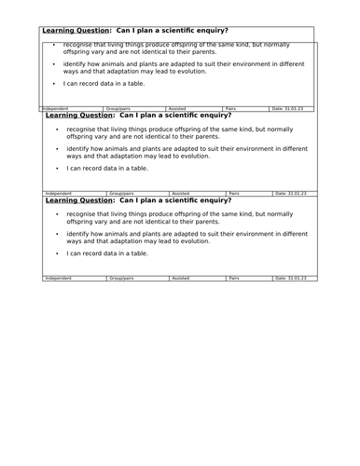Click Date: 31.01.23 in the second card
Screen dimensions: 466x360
click(x=289, y=193)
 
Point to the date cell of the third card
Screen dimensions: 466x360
click(x=289, y=278)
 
